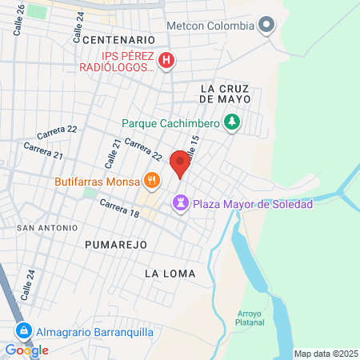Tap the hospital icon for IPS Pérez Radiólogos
(x=166, y=60)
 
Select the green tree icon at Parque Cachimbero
(x=232, y=122)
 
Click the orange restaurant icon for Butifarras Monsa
(x=150, y=180)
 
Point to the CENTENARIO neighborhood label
(x=118, y=39)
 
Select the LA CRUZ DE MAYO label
(x=226, y=93)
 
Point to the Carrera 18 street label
(x=120, y=210)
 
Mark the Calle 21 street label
(x=115, y=152)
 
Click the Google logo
(x=26, y=350)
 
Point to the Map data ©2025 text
(x=323, y=354)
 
